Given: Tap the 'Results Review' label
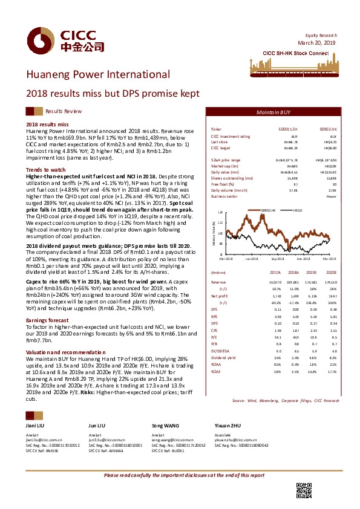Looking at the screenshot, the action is pyautogui.click(x=64, y=112).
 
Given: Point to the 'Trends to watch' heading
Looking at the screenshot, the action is pyautogui.click(x=47, y=170).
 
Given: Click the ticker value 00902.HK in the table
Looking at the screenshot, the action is pyautogui.click(x=328, y=129).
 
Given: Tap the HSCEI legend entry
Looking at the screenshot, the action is pyautogui.click(x=298, y=210).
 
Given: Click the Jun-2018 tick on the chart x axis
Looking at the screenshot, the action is pyautogui.click(x=252, y=259).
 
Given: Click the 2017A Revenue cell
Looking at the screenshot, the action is pyautogui.click(x=275, y=282).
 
